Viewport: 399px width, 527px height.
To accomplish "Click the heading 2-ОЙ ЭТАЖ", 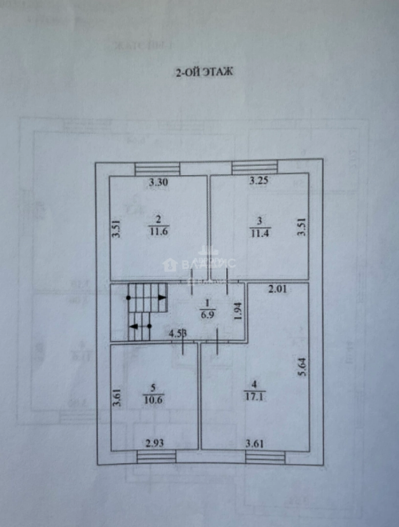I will pos(205,72).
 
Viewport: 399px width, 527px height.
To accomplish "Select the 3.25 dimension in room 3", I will pos(259,182).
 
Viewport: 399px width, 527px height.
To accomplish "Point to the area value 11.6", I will pos(159,232).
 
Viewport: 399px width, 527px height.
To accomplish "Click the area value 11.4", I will pos(260,233).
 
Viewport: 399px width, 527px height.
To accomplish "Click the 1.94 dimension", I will pos(238,311).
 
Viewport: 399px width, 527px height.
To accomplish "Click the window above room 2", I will pos(157,169).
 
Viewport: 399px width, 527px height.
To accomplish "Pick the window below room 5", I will pos(156,457).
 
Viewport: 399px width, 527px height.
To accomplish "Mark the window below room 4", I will pos(265,457).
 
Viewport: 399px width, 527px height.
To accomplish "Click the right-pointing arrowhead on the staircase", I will pos(162,297).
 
